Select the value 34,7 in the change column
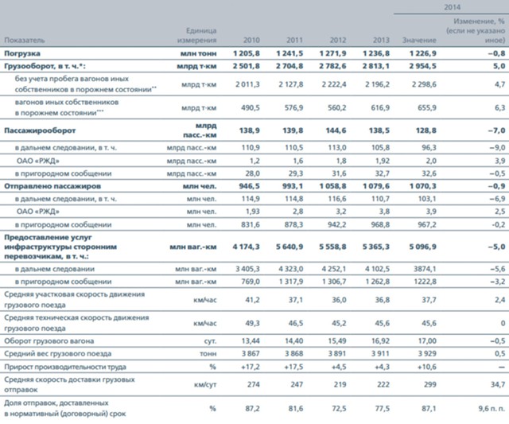[495, 385]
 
